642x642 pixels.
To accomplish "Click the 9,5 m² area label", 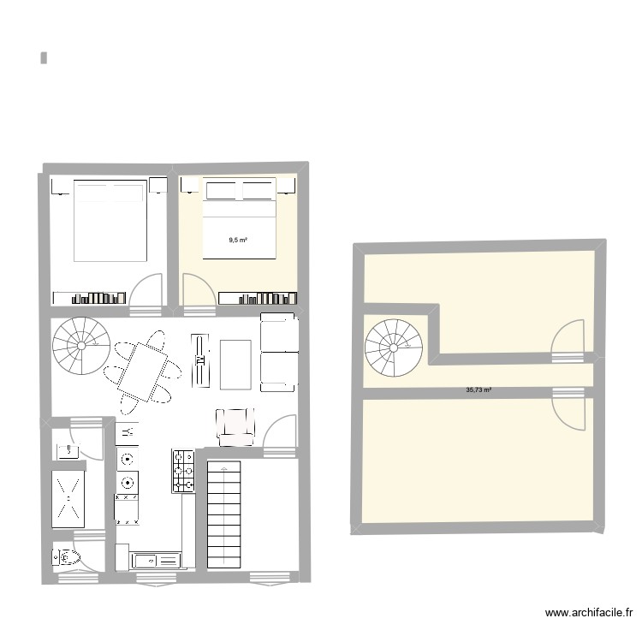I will point(238,241).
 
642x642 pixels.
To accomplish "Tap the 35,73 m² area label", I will point(479,390).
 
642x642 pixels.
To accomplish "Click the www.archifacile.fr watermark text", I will point(589,613).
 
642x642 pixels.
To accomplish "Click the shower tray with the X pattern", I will point(68,497).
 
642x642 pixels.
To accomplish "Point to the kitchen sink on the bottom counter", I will point(157,561).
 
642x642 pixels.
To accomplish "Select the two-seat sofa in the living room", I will point(277,351).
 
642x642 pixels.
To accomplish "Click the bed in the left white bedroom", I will point(109,219).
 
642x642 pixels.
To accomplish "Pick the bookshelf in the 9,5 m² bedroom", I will point(258,298).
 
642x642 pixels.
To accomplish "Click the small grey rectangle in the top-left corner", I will point(43,58).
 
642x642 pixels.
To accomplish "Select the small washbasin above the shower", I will point(66,448).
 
